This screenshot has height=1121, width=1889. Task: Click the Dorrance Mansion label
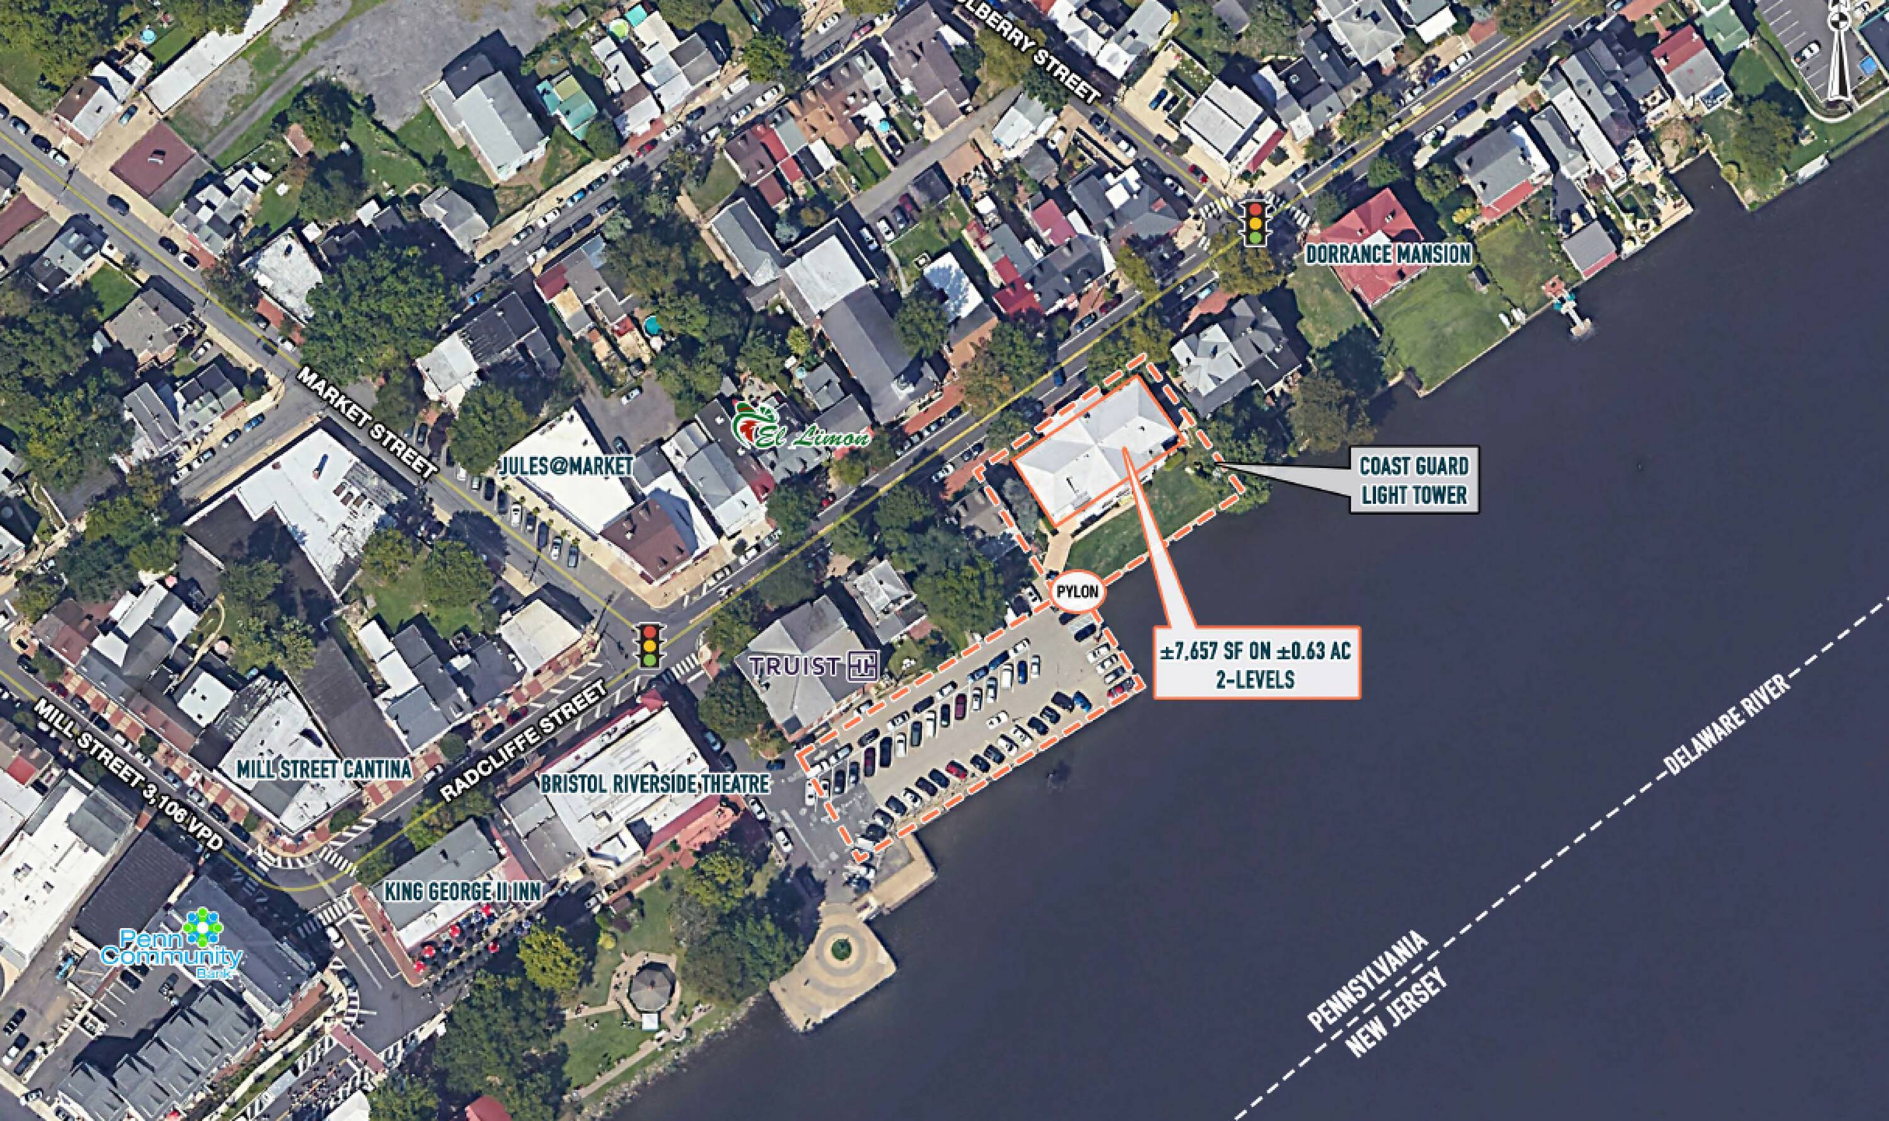[1389, 254]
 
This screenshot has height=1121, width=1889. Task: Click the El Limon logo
[800, 428]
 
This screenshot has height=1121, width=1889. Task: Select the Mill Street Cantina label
[324, 769]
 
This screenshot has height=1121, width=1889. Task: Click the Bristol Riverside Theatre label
[655, 784]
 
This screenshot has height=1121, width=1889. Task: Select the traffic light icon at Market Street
[648, 644]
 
